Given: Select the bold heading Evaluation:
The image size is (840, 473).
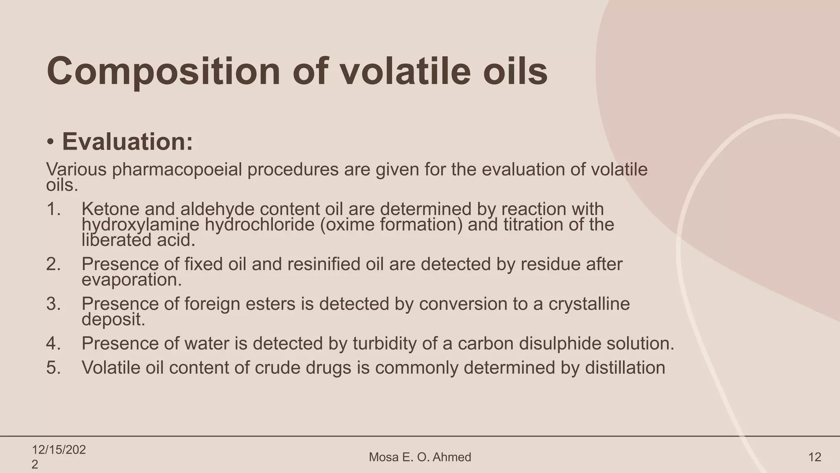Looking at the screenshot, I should [x=127, y=142].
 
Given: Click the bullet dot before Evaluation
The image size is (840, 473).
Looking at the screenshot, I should [x=50, y=142].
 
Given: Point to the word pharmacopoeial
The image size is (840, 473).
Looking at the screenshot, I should [x=177, y=169].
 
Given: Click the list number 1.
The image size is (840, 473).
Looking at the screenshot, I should [x=53, y=209].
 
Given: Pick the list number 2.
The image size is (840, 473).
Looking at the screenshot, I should [x=53, y=264].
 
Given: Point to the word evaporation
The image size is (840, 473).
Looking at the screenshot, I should [x=131, y=280].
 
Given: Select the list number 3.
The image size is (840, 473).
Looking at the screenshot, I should [x=53, y=304].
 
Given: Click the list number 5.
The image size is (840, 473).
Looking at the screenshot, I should [x=53, y=367].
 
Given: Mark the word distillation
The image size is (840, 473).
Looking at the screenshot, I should [x=625, y=367].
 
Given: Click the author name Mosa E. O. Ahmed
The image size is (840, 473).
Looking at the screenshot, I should [x=420, y=457].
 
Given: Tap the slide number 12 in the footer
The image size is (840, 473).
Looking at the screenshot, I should [x=815, y=457].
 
